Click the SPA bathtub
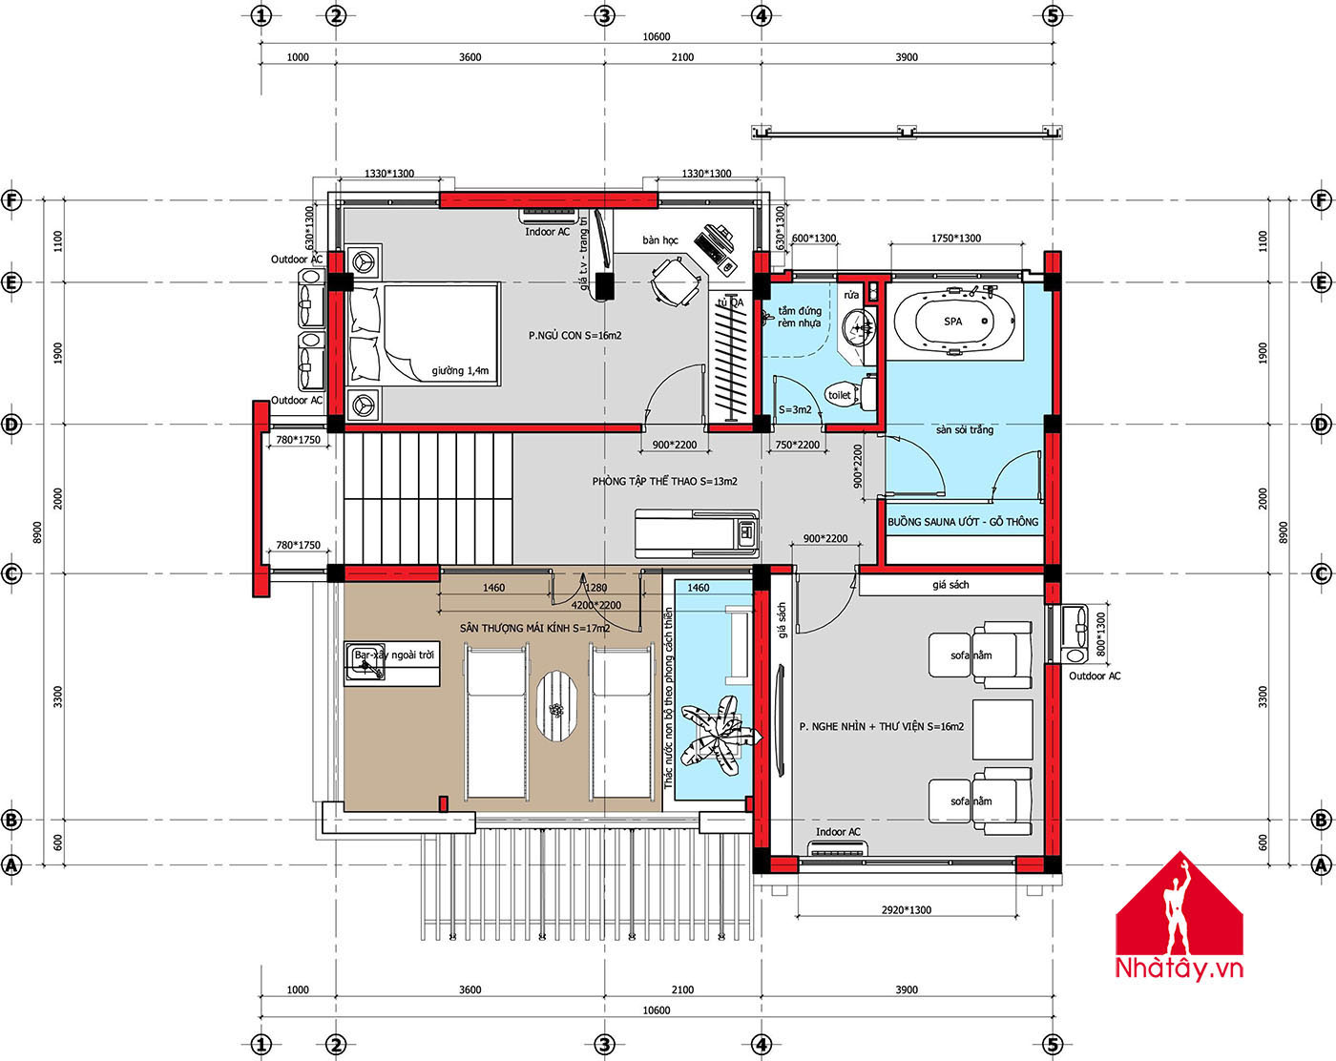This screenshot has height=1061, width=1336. [953, 322]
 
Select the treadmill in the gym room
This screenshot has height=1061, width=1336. [697, 533]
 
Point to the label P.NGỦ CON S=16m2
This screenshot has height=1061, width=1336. [574, 335]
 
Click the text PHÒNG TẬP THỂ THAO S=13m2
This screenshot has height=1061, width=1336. [664, 481]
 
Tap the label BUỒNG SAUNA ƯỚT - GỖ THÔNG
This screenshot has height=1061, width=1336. [962, 522]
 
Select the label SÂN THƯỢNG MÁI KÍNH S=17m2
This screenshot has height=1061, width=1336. [534, 628]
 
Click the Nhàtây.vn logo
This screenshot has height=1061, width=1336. [1179, 918]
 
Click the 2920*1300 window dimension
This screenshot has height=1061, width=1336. [907, 910]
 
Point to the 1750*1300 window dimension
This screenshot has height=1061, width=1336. [956, 238]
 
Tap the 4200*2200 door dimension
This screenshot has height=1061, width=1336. [596, 605]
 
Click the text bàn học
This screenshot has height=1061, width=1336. [660, 240]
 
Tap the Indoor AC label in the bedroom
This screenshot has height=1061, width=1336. [547, 232]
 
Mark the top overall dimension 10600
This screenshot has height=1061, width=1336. [657, 36]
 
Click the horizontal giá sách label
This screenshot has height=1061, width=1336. [950, 585]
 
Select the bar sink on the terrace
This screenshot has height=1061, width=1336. [365, 662]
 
